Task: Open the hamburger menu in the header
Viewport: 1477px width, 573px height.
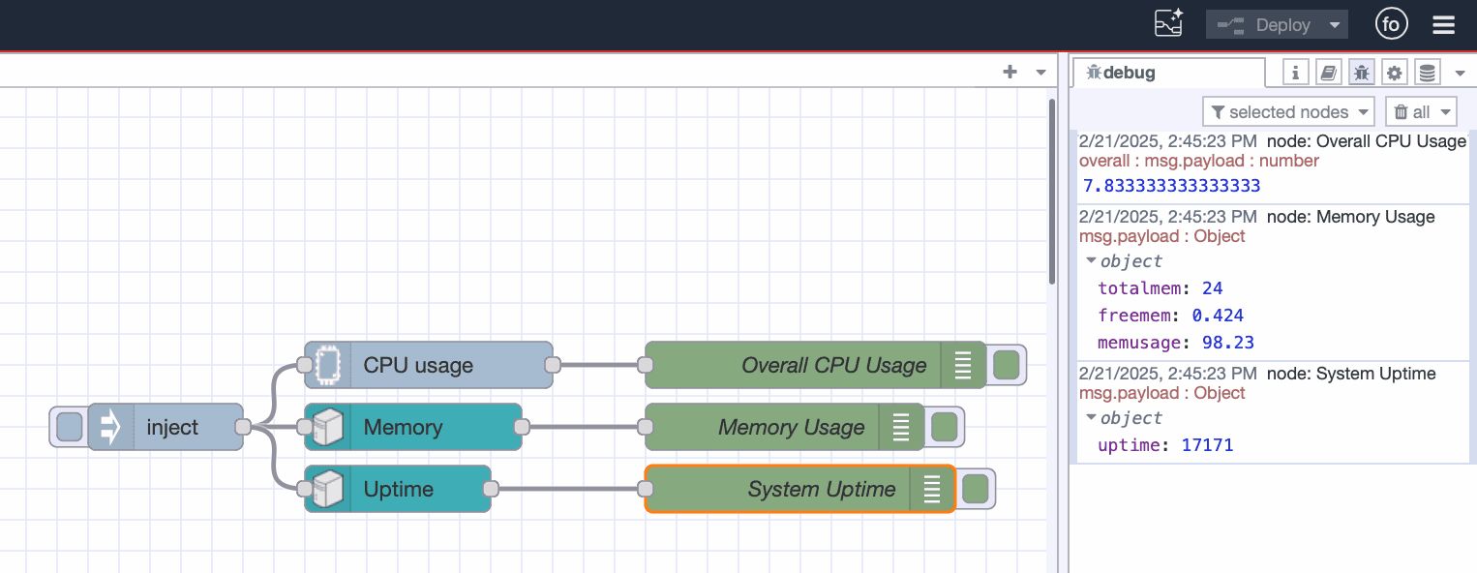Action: pyautogui.click(x=1443, y=25)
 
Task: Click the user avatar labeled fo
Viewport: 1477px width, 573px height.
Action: pyautogui.click(x=1391, y=25)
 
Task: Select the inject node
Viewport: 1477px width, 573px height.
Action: pyautogui.click(x=172, y=427)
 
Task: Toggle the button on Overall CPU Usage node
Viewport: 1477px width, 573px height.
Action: pyautogui.click(x=1007, y=365)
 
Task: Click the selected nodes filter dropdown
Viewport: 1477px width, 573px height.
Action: pyautogui.click(x=1287, y=112)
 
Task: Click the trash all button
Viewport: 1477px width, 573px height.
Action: pyautogui.click(x=1420, y=112)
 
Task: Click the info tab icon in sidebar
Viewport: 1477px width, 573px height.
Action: pyautogui.click(x=1296, y=73)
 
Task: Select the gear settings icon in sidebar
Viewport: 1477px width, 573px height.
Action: pyautogui.click(x=1394, y=73)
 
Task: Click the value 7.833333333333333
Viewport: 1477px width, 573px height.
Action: pyautogui.click(x=1171, y=186)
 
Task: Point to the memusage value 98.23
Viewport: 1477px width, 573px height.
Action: pyautogui.click(x=1227, y=343)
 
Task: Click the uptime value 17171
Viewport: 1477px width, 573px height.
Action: pyautogui.click(x=1207, y=445)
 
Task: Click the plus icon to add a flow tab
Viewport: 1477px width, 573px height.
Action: pyautogui.click(x=1010, y=72)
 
